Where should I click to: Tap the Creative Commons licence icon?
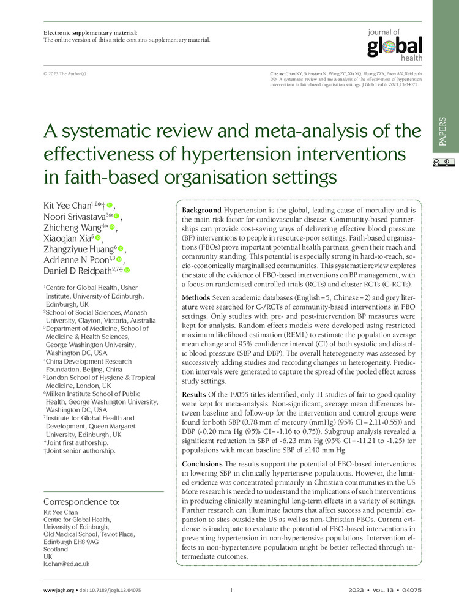click(x=446, y=162)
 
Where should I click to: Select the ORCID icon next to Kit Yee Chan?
click(x=110, y=205)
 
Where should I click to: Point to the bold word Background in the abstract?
click(x=202, y=210)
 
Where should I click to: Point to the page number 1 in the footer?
click(x=231, y=591)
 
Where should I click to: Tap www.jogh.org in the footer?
click(x=59, y=591)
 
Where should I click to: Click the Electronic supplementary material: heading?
click(x=90, y=32)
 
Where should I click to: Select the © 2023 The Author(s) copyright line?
click(x=65, y=73)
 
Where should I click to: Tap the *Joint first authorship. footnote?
click(x=76, y=441)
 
